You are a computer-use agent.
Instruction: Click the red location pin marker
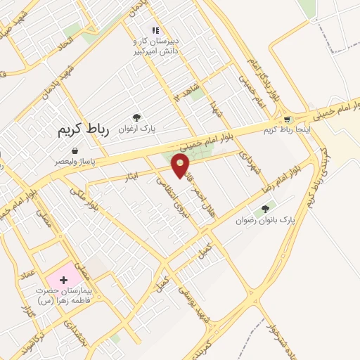click(181, 166)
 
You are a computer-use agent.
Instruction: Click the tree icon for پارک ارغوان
click(136, 117)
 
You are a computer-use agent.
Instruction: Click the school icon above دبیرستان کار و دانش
click(155, 30)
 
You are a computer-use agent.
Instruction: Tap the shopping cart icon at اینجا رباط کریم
click(287, 120)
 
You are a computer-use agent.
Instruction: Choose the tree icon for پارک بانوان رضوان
click(265, 209)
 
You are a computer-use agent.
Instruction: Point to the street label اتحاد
click(65, 43)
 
